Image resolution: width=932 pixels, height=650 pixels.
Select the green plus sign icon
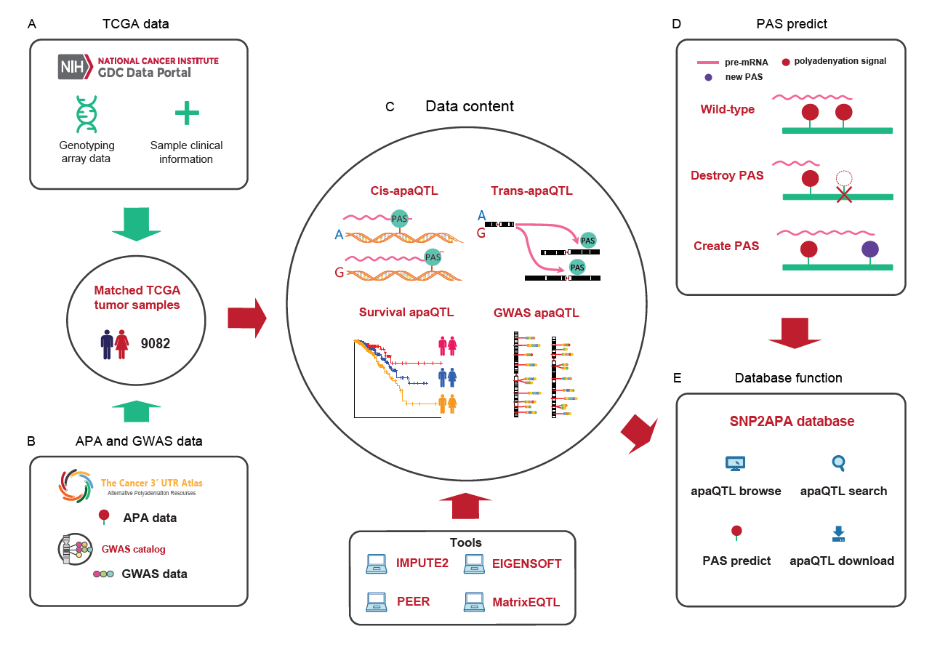pyautogui.click(x=186, y=113)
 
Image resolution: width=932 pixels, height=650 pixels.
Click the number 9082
pyautogui.click(x=155, y=343)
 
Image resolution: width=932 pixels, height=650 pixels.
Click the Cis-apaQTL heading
pyautogui.click(x=400, y=191)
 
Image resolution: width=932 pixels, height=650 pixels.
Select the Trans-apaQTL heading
pyautogui.click(x=531, y=191)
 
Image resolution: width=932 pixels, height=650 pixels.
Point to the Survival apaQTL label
pyautogui.click(x=406, y=313)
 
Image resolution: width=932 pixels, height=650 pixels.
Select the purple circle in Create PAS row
pyautogui.click(x=869, y=249)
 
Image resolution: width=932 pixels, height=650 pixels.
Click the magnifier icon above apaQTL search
pyautogui.click(x=838, y=462)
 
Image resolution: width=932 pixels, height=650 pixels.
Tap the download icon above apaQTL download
pyautogui.click(x=838, y=534)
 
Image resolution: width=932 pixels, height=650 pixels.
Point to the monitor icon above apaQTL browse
pyautogui.click(x=735, y=463)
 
